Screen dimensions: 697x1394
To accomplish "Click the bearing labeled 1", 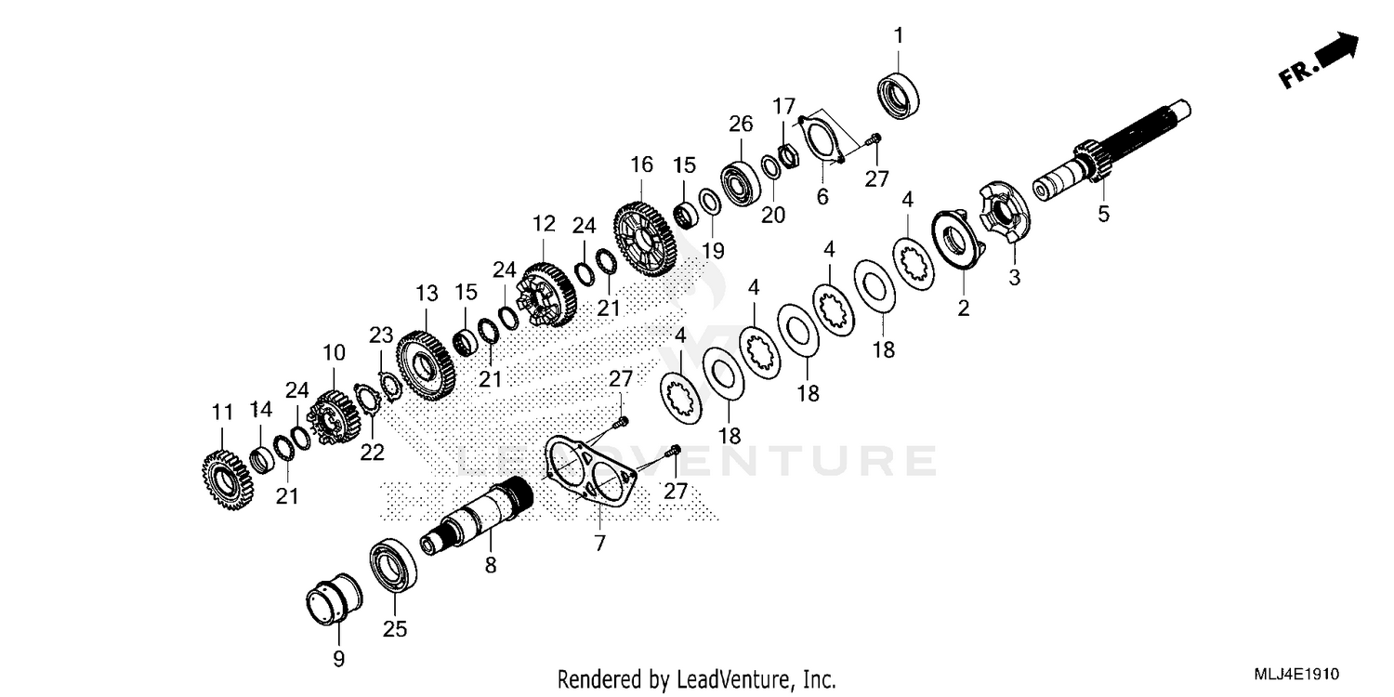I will [x=899, y=92].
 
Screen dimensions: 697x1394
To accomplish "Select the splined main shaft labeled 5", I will [x=1115, y=149].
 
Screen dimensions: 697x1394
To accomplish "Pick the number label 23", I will [x=382, y=335].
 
